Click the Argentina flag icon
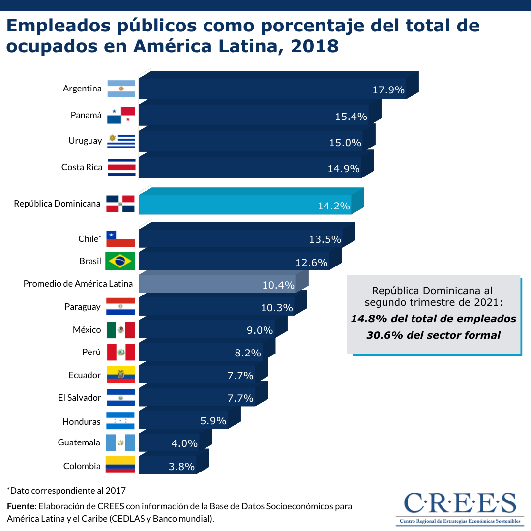click(121, 89)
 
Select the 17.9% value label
click(388, 90)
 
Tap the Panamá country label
click(86, 116)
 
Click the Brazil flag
click(120, 261)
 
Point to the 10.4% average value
click(278, 285)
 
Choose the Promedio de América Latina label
click(78, 284)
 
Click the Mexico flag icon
click(120, 330)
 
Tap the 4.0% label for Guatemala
click(184, 443)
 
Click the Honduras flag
click(120, 421)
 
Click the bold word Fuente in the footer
click(22, 506)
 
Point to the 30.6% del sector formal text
click(433, 335)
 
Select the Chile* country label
click(89, 239)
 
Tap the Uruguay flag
click(121, 141)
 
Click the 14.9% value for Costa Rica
click(344, 169)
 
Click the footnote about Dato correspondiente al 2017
click(66, 490)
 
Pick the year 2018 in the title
click(314, 46)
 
